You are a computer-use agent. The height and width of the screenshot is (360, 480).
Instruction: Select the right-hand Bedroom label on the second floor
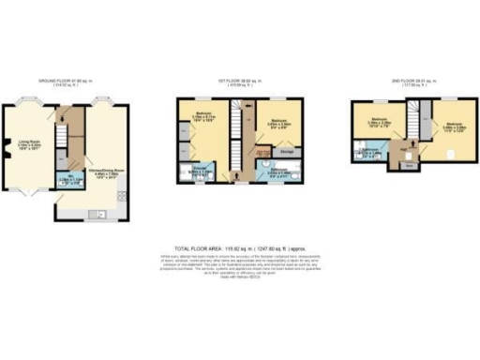[x=455, y=125]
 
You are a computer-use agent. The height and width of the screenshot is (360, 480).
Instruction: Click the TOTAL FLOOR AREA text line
[x=240, y=242]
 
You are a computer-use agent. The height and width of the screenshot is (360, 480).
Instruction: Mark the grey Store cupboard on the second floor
[x=409, y=165]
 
